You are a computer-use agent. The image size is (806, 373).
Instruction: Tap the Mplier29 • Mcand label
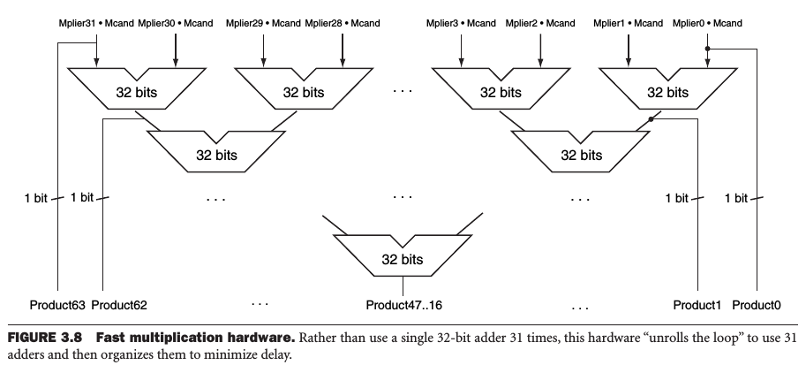(x=262, y=22)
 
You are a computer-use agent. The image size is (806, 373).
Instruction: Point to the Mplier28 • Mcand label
(x=343, y=22)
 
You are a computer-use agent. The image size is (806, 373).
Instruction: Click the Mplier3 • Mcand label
(x=461, y=22)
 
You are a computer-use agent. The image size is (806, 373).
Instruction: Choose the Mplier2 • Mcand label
(x=540, y=22)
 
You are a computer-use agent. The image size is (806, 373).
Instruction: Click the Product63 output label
(x=58, y=305)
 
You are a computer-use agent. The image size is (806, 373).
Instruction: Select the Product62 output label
(x=118, y=305)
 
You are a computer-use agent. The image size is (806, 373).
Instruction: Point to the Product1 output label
(x=697, y=305)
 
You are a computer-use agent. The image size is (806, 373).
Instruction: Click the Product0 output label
(x=757, y=305)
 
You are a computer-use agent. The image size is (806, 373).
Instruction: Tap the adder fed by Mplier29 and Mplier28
(x=303, y=90)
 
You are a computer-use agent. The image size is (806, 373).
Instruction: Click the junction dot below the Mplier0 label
(x=708, y=49)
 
